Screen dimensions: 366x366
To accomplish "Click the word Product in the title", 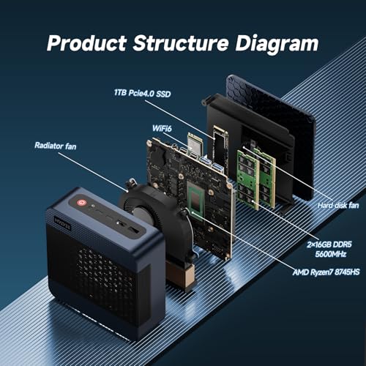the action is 86,43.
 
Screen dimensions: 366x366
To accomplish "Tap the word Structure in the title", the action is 181,43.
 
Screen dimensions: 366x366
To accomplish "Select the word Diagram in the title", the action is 277,44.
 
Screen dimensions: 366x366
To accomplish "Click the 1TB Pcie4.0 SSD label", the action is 142,93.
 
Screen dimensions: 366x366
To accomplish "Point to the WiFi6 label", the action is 162,128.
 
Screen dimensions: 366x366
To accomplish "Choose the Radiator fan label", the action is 56,146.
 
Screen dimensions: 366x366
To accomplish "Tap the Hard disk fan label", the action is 338,206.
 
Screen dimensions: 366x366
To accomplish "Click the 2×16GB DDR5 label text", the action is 329,244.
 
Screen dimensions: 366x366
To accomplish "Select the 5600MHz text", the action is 331,254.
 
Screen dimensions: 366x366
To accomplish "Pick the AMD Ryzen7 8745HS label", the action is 326,272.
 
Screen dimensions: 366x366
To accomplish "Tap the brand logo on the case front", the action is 63,223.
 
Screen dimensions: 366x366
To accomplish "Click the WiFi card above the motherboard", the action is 195,143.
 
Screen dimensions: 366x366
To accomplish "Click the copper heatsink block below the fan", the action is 181,275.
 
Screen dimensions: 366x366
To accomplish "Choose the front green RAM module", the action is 247,180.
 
